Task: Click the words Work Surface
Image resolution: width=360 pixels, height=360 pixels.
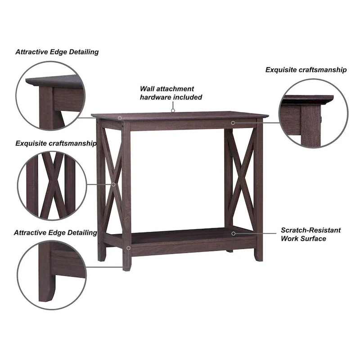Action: (x=303, y=238)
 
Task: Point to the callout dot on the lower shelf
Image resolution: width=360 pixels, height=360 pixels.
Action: (x=233, y=233)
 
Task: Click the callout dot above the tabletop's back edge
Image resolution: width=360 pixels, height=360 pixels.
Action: (x=172, y=110)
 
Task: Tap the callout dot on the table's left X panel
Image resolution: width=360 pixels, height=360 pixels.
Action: (x=113, y=184)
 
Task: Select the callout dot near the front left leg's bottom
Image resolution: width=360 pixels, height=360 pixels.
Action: (x=128, y=248)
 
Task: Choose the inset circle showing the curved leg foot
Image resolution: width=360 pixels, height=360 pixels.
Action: (x=52, y=274)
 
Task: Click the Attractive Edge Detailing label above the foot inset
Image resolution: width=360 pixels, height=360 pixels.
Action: (x=55, y=233)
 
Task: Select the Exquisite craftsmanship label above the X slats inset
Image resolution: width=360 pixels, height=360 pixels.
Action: (x=56, y=144)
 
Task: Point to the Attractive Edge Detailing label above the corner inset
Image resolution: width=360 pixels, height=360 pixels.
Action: (x=57, y=52)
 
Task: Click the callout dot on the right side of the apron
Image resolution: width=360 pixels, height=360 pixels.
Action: (x=233, y=122)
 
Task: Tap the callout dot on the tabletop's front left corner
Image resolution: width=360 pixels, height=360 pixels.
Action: (x=120, y=118)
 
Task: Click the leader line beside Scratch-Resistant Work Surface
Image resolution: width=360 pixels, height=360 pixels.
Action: (x=256, y=234)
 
